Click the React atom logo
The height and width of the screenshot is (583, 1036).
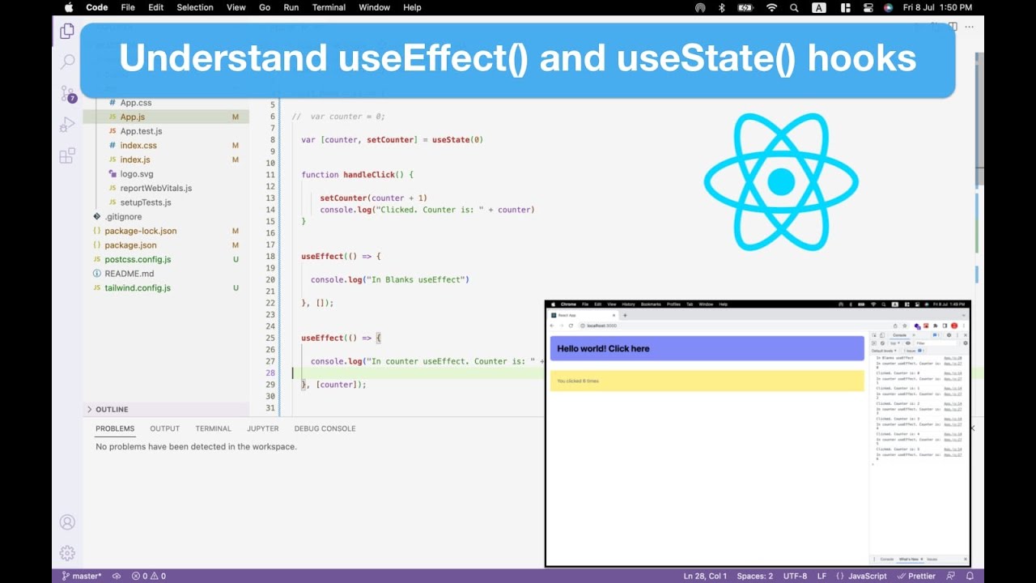point(780,181)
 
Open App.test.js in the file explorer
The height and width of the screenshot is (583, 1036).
point(141,131)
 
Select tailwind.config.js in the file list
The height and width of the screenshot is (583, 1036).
point(138,287)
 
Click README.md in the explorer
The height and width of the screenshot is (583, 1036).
point(129,274)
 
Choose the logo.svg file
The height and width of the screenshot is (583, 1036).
point(136,174)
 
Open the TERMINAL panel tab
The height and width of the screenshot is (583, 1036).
point(213,428)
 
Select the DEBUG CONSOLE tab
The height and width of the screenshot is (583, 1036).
point(325,428)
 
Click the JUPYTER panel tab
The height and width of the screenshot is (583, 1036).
point(263,428)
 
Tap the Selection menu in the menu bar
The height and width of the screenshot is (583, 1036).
point(195,7)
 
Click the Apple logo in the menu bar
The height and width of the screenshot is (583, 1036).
point(69,7)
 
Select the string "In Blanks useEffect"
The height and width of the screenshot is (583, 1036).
point(416,279)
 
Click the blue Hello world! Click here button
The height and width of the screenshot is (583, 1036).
point(707,348)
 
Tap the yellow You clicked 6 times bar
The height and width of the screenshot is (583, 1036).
point(707,381)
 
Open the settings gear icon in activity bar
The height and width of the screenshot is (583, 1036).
point(67,553)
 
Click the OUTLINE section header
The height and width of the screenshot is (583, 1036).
point(112,409)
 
